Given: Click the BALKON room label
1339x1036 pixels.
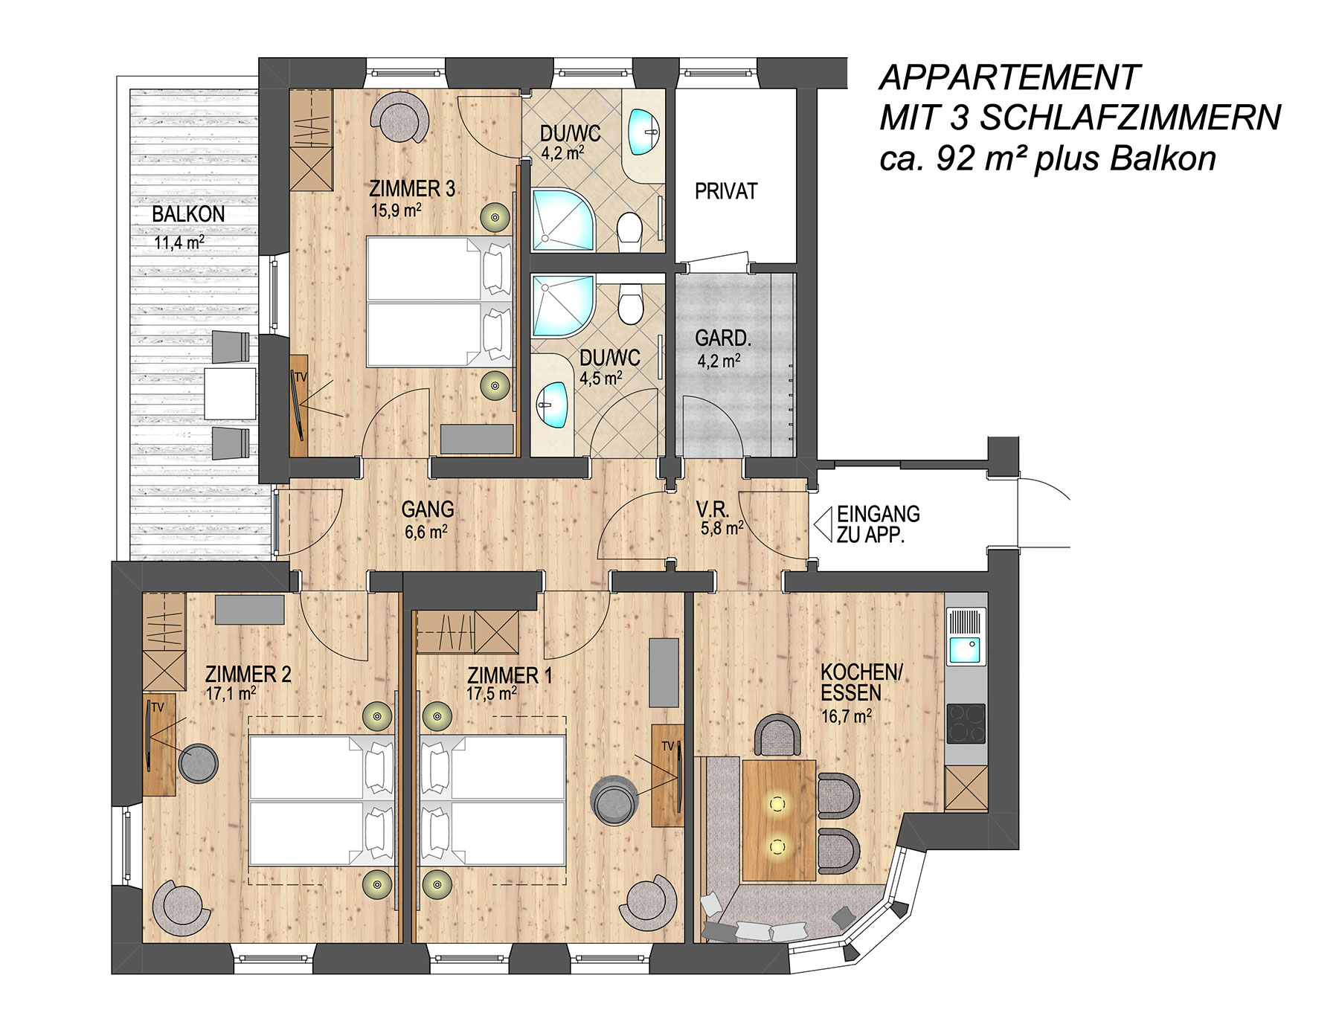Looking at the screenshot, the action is pyautogui.click(x=188, y=214).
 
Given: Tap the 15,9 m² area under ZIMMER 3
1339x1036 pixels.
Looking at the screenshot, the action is pyautogui.click(x=396, y=210).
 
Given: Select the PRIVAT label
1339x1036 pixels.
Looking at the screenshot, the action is pyautogui.click(x=726, y=191).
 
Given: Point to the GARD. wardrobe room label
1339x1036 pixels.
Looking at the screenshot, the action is pyautogui.click(x=723, y=338).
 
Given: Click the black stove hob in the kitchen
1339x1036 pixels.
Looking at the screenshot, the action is pyautogui.click(x=966, y=723).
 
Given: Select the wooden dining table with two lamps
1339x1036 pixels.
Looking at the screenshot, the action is pyautogui.click(x=779, y=820).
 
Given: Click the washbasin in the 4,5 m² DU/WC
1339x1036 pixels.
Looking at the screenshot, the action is pyautogui.click(x=552, y=405).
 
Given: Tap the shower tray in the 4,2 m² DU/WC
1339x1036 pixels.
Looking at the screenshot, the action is pyautogui.click(x=562, y=219).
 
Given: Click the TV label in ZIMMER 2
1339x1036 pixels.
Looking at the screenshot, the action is pyautogui.click(x=157, y=707).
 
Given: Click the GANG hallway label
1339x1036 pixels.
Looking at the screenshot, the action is pyautogui.click(x=428, y=509).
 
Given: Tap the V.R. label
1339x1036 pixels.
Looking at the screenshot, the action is pyautogui.click(x=713, y=509).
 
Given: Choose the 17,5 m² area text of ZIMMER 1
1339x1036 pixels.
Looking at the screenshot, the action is pyautogui.click(x=492, y=694).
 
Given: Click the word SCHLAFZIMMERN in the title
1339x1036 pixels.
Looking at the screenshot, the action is pyautogui.click(x=1130, y=118).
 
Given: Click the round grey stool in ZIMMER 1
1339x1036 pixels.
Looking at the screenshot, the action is pyautogui.click(x=614, y=800).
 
